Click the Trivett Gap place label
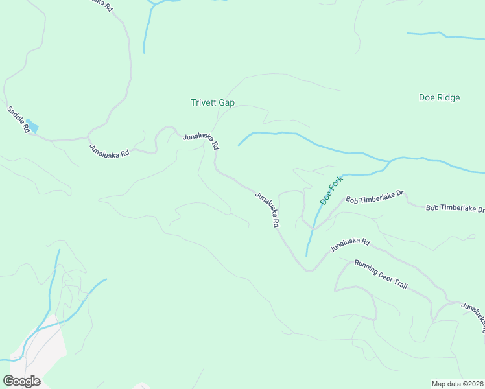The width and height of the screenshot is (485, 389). click(212, 102)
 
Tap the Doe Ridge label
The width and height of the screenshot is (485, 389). click(439, 98)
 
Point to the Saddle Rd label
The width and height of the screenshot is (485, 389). click(19, 119)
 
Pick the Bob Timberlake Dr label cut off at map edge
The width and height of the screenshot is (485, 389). click(455, 208)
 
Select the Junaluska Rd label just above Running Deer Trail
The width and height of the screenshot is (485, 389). click(349, 246)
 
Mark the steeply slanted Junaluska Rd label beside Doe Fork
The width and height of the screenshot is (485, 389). click(267, 209)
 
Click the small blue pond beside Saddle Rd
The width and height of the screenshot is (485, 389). click(31, 124)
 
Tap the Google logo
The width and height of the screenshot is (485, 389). click(21, 381)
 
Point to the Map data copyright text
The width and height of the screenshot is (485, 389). click(458, 383)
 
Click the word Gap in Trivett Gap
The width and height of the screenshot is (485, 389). click(226, 102)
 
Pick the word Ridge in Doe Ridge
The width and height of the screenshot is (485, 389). click(448, 98)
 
